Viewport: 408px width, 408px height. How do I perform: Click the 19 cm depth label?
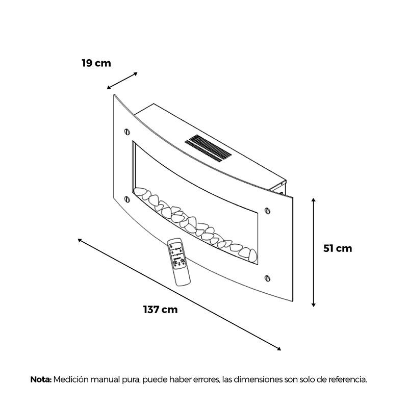click(96, 63)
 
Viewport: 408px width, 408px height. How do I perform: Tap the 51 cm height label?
click(338, 248)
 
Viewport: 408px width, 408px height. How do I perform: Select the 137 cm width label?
click(160, 310)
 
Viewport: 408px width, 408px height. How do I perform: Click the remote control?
click(179, 262)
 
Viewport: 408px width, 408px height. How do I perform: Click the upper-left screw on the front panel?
click(127, 132)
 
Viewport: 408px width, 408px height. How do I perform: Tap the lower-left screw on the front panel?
click(127, 199)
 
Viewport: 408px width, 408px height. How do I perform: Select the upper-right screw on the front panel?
click(267, 211)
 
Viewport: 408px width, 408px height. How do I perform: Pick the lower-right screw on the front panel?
click(267, 278)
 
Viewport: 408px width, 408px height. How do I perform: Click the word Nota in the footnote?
click(41, 379)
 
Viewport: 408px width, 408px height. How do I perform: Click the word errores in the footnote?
click(207, 379)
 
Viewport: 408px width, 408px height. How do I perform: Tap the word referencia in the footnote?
click(348, 379)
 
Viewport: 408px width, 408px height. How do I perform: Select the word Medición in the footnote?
click(69, 379)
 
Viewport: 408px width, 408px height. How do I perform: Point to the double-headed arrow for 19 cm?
click(122, 81)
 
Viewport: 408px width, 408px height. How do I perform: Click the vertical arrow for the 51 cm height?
click(314, 252)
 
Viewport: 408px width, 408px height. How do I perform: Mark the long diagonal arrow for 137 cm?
click(180, 294)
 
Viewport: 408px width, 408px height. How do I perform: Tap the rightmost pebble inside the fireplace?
click(253, 256)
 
